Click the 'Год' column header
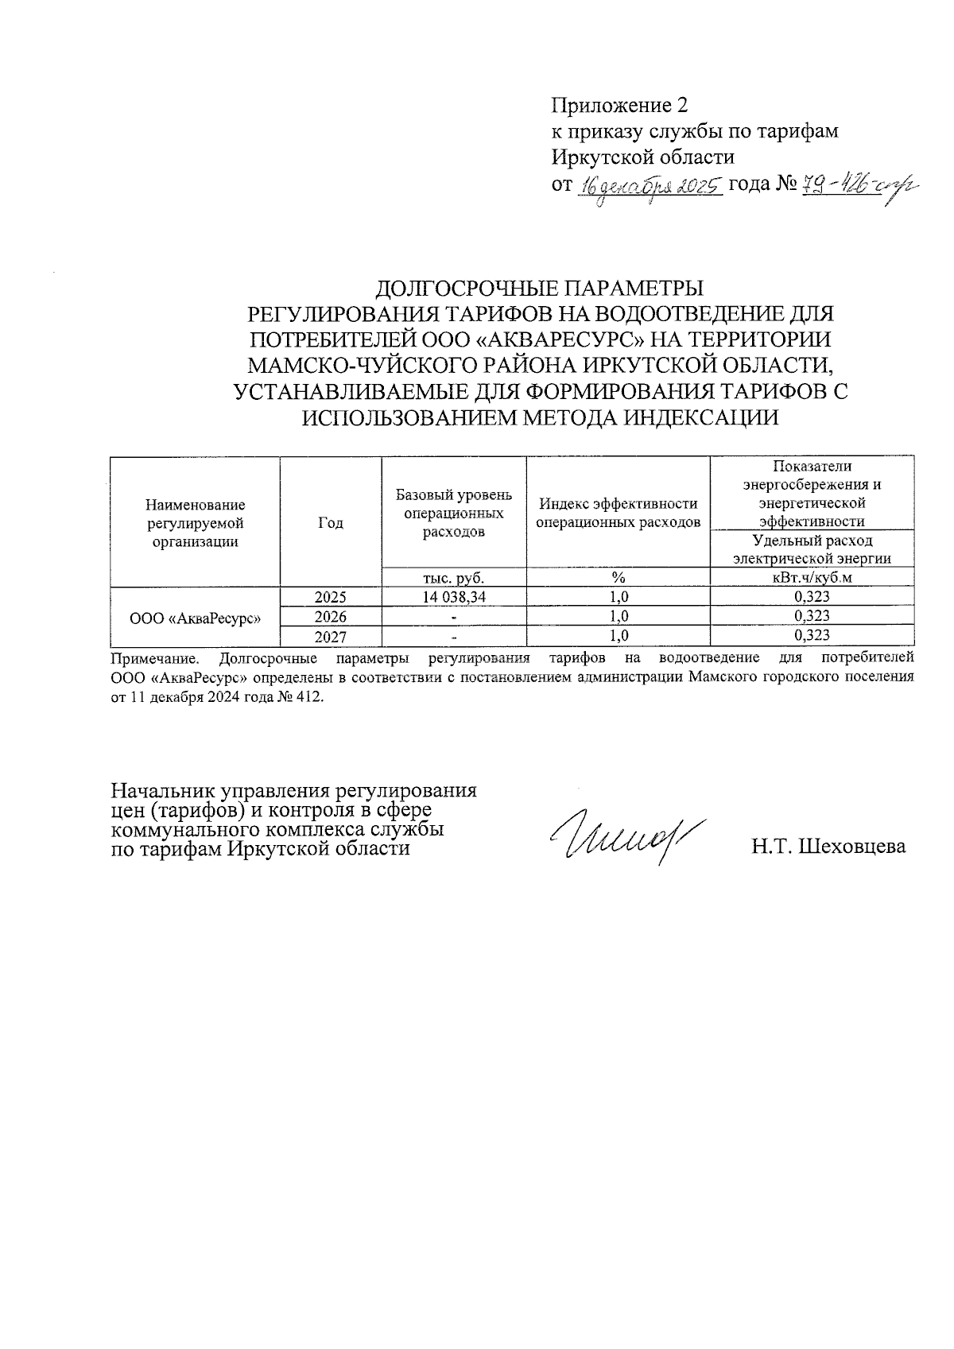click(331, 522)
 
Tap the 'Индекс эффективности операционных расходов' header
click(619, 513)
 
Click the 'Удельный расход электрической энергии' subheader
click(812, 549)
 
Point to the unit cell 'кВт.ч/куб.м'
click(812, 578)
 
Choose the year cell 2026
click(331, 616)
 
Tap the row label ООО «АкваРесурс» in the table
click(196, 617)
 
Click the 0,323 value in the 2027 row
click(812, 635)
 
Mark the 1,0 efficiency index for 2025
click(619, 597)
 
